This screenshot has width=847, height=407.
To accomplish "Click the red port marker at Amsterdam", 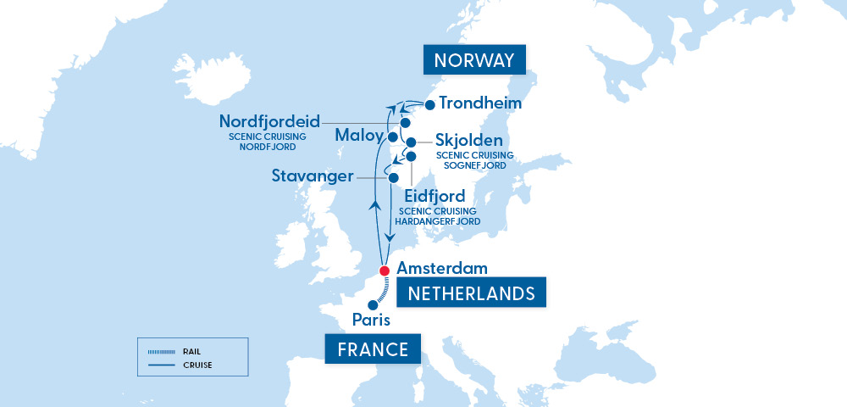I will (384, 271).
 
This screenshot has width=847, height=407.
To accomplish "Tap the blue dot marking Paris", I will (371, 305).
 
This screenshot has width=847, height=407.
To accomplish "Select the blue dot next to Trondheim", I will (429, 105).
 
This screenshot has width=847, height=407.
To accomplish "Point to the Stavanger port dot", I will (393, 178).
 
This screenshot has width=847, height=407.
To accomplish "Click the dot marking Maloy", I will (392, 137).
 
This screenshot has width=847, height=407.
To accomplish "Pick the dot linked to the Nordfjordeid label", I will (405, 123).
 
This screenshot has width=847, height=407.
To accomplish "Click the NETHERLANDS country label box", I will (472, 293).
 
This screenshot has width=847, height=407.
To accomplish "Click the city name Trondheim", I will (480, 104).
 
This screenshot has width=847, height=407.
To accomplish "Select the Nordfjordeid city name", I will (269, 121).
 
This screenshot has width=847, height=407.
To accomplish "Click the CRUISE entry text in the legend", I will (196, 365).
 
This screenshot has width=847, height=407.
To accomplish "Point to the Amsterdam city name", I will (441, 268).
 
